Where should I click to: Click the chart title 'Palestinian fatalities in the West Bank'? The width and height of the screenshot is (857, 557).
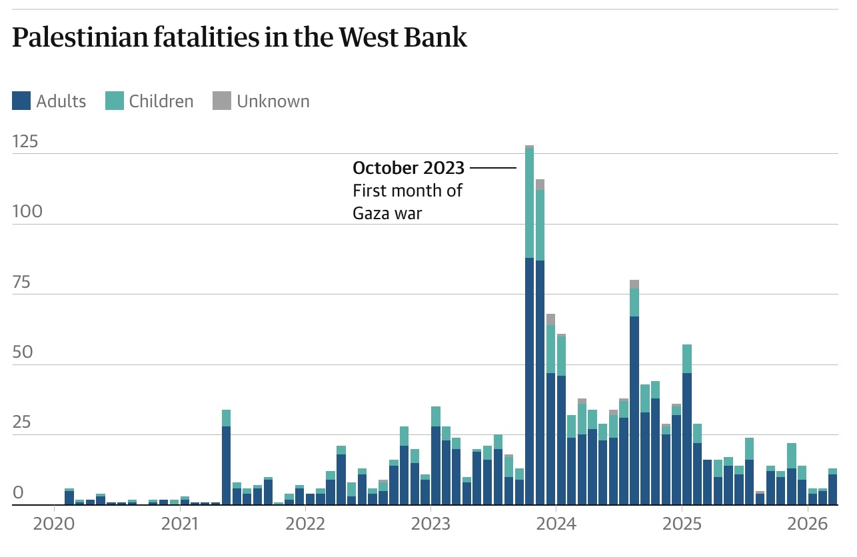pyautogui.click(x=240, y=39)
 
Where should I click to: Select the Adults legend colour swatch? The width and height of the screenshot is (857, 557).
pyautogui.click(x=21, y=101)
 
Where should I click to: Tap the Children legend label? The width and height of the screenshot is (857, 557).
pyautogui.click(x=161, y=101)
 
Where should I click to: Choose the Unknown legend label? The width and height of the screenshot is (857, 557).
pyautogui.click(x=273, y=101)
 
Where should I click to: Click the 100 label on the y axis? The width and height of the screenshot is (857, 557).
pyautogui.click(x=27, y=211)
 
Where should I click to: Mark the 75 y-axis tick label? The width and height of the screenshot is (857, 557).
pyautogui.click(x=22, y=282)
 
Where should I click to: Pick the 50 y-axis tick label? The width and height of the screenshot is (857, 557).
pyautogui.click(x=22, y=352)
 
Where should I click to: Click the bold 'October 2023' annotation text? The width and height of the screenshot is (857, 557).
pyautogui.click(x=408, y=167)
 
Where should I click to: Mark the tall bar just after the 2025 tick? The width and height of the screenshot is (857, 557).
pyautogui.click(x=687, y=433)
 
